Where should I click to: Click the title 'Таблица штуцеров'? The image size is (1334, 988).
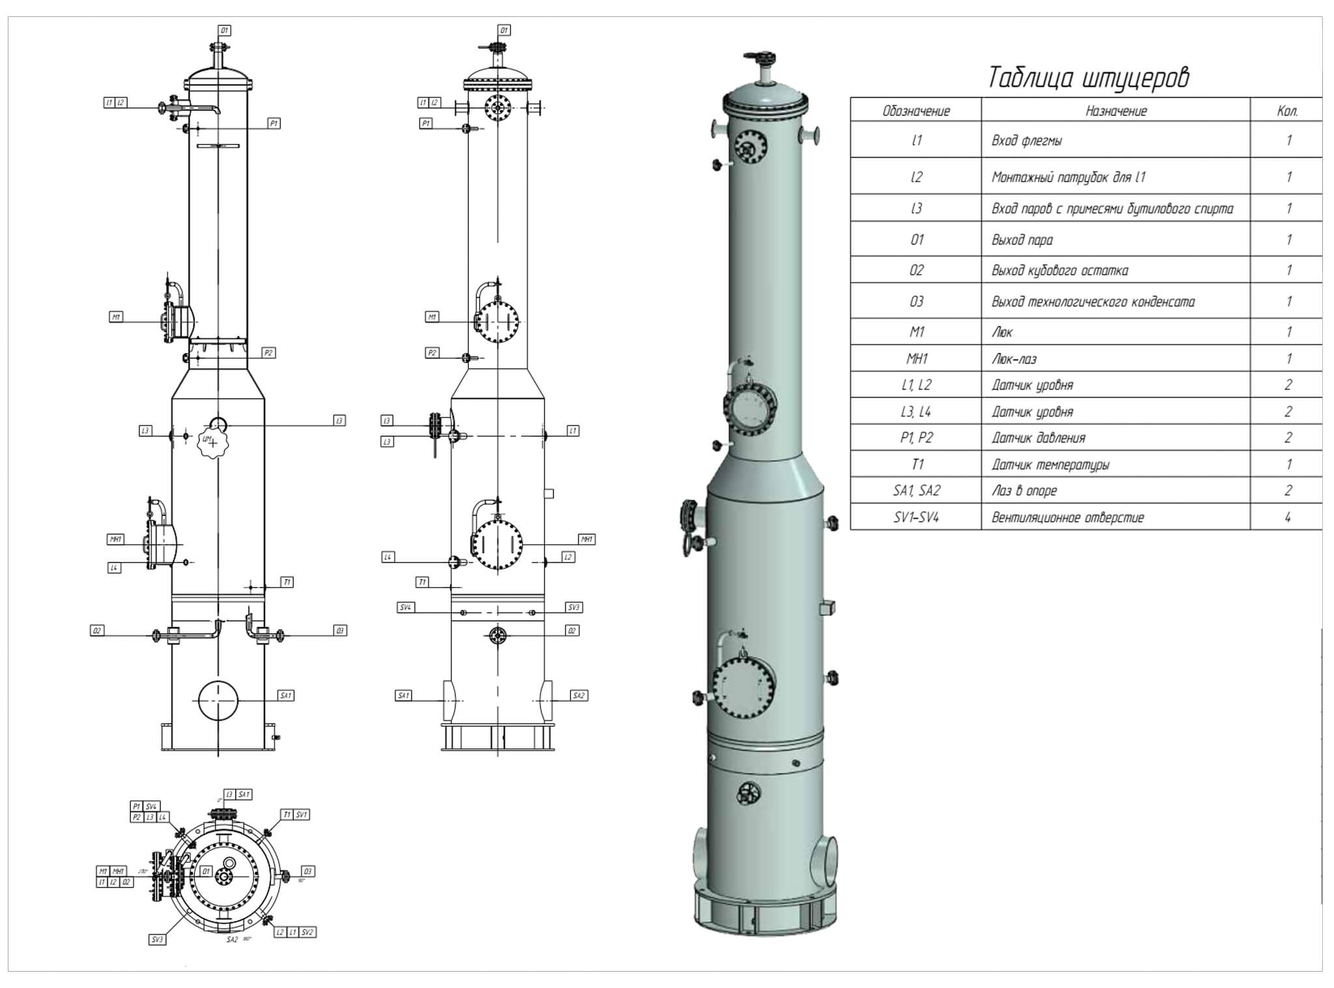pos(1088,78)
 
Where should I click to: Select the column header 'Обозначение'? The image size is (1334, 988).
pos(916,111)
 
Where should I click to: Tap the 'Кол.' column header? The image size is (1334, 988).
pos(1287,111)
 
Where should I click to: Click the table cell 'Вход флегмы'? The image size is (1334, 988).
pos(1027,141)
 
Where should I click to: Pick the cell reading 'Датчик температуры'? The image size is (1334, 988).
pos(1050,464)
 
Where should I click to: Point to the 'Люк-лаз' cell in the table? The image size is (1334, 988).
pos(1014,359)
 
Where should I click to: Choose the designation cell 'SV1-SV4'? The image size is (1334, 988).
pos(916,518)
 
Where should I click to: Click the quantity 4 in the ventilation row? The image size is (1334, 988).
pos(1288,518)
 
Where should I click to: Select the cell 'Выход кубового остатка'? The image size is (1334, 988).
pos(1060,270)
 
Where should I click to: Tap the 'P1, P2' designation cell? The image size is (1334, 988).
pos(916,438)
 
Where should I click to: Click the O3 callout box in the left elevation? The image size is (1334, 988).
pos(339,630)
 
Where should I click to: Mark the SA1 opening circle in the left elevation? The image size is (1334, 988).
pos(218,700)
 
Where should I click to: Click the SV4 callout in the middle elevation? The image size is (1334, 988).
pos(405,607)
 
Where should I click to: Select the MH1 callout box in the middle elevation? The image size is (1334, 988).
pos(587,539)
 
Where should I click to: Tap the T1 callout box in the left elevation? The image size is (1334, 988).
pos(287,582)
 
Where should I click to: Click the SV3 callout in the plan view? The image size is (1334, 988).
pos(157,940)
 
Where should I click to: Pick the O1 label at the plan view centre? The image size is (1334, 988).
pos(206,871)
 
